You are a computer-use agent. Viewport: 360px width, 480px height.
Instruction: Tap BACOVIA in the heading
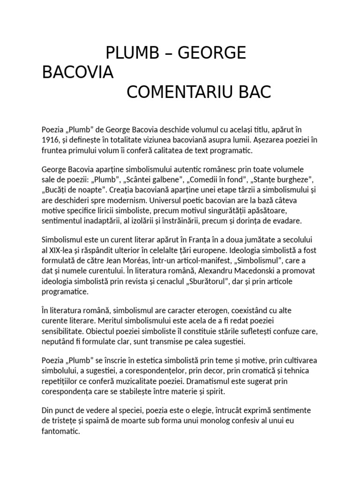pos(78,73)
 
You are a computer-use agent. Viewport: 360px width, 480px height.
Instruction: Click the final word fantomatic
pos(61,430)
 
